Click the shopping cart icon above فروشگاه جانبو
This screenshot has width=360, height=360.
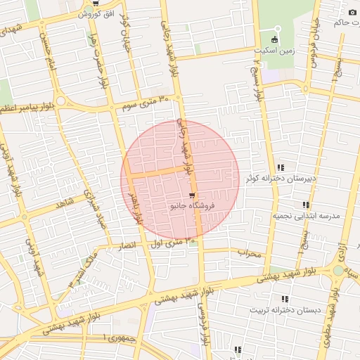click(x=192, y=195)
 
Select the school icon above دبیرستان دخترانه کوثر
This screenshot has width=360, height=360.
click(x=281, y=167)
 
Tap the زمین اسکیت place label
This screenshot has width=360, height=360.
click(x=274, y=51)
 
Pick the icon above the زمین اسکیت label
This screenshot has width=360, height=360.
click(x=274, y=39)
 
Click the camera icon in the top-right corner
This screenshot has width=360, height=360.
click(x=352, y=13)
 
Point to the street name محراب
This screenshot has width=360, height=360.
click(x=248, y=252)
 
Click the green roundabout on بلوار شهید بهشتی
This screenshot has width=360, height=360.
click(x=339, y=271)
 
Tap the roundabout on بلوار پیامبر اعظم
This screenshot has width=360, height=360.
click(x=60, y=101)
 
